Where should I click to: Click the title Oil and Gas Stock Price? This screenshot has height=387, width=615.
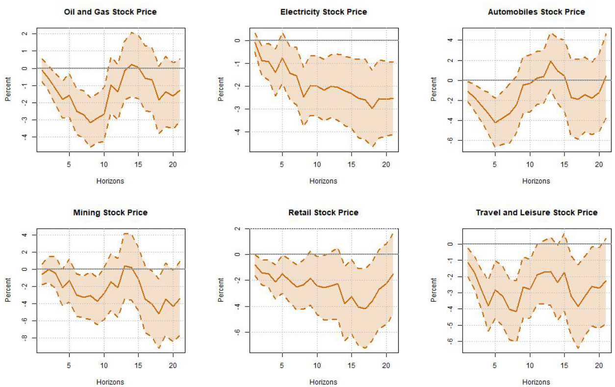click(110, 12)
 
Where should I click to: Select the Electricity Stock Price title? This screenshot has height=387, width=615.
click(323, 12)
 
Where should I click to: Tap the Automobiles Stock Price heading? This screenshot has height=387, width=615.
click(536, 12)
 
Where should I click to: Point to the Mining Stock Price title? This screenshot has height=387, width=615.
click(110, 212)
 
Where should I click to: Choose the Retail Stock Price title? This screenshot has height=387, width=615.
click(323, 212)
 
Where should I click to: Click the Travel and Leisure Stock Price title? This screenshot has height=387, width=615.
click(536, 212)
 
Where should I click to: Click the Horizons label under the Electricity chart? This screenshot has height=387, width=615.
click(323, 181)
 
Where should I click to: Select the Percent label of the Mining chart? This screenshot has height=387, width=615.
click(8, 289)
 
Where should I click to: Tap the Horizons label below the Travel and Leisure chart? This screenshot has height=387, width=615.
click(536, 382)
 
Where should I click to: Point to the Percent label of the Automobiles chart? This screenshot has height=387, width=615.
click(434, 89)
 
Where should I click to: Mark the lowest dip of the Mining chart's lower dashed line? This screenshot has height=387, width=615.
click(159, 348)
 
